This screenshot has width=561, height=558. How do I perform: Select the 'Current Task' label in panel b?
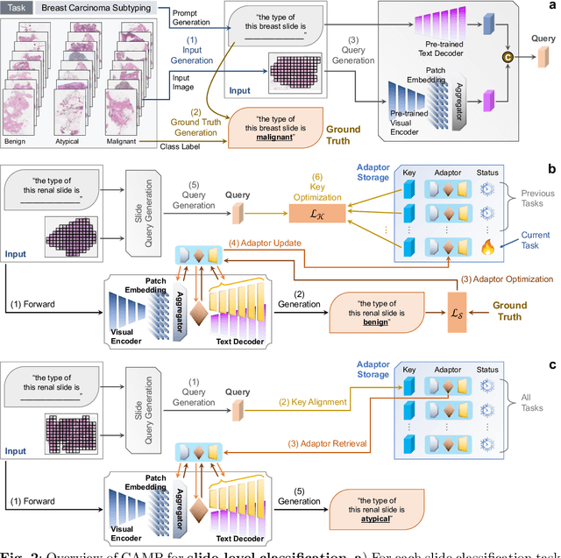[x=535, y=239]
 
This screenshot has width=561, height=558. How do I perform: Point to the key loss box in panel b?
[x=320, y=210]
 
